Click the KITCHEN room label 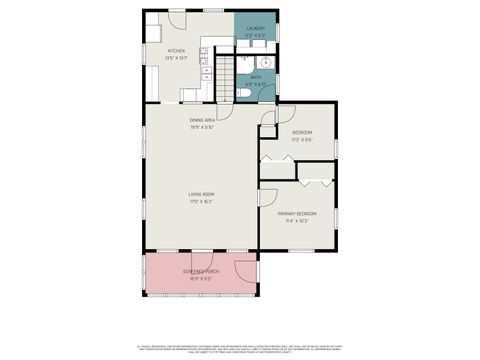[176, 50]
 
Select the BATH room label [256, 78]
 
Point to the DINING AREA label [204, 121]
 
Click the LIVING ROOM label [201, 194]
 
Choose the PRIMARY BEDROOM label [298, 213]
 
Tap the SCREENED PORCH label [201, 272]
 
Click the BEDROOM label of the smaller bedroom [302, 133]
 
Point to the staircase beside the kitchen [226, 76]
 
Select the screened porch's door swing [243, 271]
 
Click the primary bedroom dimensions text [298, 220]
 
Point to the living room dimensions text [201, 201]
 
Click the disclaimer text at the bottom [240, 346]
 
